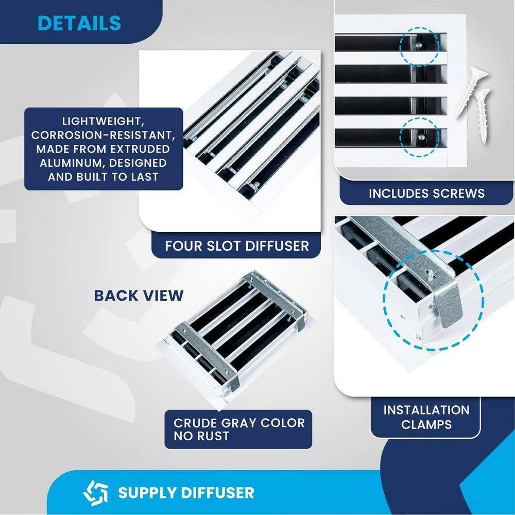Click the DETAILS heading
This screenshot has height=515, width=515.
click(x=79, y=23)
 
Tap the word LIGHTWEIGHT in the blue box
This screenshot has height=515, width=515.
click(x=104, y=122)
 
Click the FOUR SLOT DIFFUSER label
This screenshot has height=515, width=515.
click(x=237, y=246)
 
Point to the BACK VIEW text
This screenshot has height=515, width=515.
click(x=139, y=295)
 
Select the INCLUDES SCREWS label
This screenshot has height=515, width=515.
click(x=426, y=193)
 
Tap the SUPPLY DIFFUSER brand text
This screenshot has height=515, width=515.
click(x=186, y=492)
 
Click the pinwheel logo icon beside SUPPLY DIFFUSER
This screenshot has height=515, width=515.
click(x=96, y=492)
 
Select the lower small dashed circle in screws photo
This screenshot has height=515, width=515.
click(x=420, y=136)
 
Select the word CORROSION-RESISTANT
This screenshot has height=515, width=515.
click(x=104, y=135)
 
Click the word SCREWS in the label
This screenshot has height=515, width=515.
click(x=460, y=193)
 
